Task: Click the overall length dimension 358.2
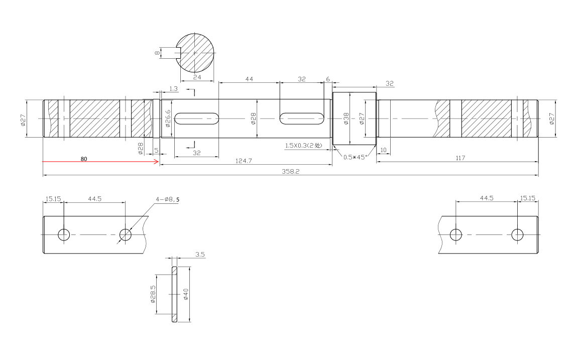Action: pos(290,171)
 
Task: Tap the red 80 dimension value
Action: pos(84,159)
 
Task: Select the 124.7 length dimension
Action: pos(244,161)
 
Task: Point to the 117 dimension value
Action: pos(460,158)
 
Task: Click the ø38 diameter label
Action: pos(346,118)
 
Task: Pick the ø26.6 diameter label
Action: pos(168,118)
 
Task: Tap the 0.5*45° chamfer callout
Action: pos(355,157)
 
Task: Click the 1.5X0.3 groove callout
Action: pos(303,146)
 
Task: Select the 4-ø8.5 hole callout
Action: pos(168,199)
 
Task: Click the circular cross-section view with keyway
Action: pos(195,53)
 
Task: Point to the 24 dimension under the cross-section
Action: pos(197,77)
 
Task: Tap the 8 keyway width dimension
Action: pos(157,53)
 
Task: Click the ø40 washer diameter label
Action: pos(185,294)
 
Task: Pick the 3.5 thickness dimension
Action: pos(200,254)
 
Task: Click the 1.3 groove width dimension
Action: pos(173,88)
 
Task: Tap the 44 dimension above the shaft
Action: pos(249,79)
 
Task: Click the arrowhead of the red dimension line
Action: pos(157,161)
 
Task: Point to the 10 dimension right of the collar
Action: pos(383,150)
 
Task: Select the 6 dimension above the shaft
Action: pos(328,79)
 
